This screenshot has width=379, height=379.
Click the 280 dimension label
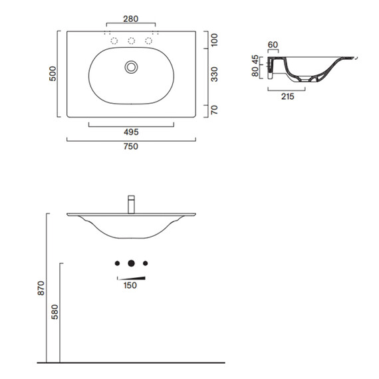coord(131,19)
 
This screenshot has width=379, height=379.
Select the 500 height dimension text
coord(53,74)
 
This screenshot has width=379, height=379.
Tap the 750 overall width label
coord(131,146)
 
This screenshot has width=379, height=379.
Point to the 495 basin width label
coord(131,132)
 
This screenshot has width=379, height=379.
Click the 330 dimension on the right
coord(214,74)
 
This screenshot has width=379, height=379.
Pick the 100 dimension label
coord(214,40)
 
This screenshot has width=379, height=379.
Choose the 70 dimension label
coord(214,110)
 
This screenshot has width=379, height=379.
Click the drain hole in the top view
coord(131,67)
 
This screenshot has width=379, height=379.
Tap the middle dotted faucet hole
coord(131,41)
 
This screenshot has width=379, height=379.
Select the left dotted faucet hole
coord(114,41)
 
